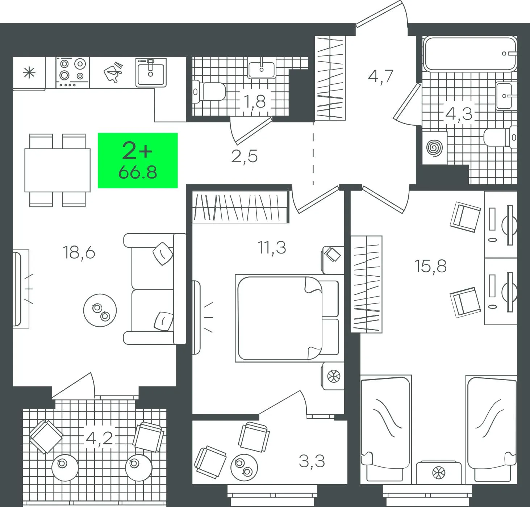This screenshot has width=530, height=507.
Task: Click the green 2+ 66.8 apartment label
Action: tap(138, 160)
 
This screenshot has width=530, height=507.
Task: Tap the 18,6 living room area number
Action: tap(79, 252)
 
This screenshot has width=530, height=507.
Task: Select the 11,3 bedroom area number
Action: tap(272, 248)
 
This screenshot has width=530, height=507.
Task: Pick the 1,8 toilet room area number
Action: tap(255, 101)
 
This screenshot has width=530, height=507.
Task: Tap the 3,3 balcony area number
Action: tap(312, 461)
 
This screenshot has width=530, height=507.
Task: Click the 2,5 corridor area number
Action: tap(244, 156)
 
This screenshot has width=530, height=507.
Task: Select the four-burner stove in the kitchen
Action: tap(73, 73)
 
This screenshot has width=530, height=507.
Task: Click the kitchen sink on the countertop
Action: tap(151, 72)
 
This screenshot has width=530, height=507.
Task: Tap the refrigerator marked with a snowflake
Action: tap(29, 74)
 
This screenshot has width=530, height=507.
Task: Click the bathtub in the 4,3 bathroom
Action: tap(470, 54)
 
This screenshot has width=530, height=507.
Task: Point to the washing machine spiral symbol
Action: tap(435, 148)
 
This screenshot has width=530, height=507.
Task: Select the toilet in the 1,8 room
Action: tap(209, 92)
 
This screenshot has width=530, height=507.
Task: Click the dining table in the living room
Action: tap(58, 170)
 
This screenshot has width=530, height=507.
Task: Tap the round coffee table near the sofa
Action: tap(100, 310)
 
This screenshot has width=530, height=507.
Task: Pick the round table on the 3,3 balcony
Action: tap(244, 468)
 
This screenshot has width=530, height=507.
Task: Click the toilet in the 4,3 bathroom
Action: tap(500, 138)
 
